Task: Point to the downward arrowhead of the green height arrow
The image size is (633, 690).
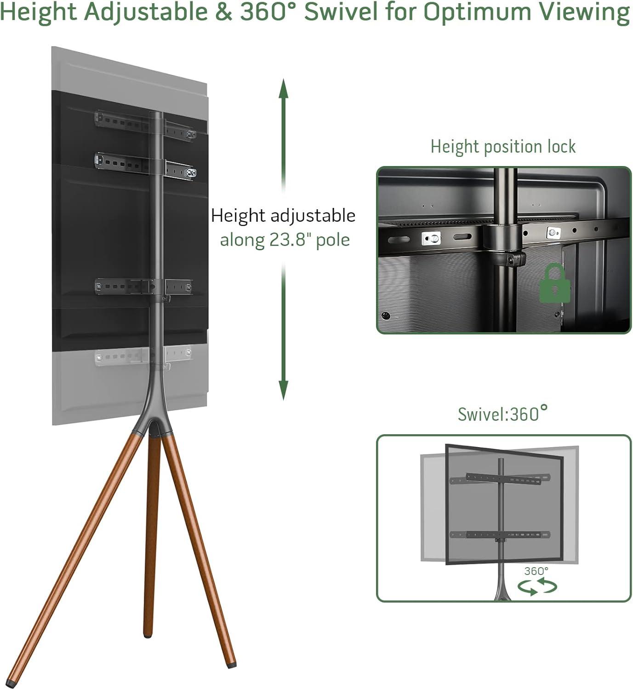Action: click(x=283, y=390)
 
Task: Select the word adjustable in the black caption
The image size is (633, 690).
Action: click(x=313, y=217)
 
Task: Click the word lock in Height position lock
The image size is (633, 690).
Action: click(x=561, y=147)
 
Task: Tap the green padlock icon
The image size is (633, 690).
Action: click(x=554, y=283)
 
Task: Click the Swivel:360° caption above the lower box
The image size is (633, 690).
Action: click(x=502, y=414)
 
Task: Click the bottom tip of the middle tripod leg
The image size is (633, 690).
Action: click(x=148, y=635)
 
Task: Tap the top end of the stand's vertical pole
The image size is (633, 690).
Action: click(x=156, y=113)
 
